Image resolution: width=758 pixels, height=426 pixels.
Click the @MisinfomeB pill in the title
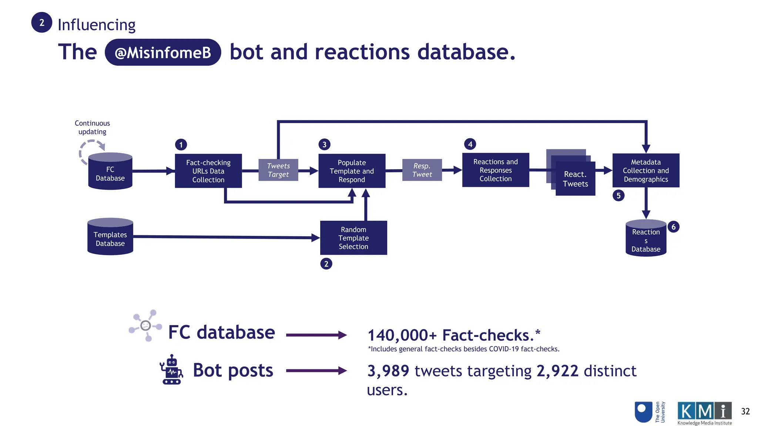[163, 53]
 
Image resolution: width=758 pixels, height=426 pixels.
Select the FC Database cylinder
[110, 172]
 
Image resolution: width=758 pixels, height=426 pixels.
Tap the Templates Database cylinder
[110, 237]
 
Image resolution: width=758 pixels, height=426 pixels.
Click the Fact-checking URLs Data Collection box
[208, 171]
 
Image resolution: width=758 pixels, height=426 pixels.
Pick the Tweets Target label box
[278, 170]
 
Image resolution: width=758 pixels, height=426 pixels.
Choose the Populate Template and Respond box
[352, 171]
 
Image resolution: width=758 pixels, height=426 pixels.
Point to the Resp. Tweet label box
[422, 170]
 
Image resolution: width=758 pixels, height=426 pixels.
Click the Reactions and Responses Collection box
[496, 170]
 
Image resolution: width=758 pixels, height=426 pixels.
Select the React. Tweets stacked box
[575, 179]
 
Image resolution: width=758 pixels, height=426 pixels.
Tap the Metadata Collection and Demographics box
[646, 170]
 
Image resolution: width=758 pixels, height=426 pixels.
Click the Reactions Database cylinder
[646, 239]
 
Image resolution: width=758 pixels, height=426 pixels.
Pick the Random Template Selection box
[353, 238]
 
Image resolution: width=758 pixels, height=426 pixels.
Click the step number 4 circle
[470, 144]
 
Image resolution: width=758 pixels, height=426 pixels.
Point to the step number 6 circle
[674, 227]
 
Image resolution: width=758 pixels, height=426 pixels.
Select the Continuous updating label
[92, 127]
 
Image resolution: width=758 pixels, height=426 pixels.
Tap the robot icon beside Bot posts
[171, 370]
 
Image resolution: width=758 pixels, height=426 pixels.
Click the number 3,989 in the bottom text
[388, 371]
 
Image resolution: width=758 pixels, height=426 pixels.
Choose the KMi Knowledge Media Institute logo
[704, 413]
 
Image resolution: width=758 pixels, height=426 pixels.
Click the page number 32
[745, 411]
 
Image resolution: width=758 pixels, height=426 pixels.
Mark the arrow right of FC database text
[316, 335]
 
